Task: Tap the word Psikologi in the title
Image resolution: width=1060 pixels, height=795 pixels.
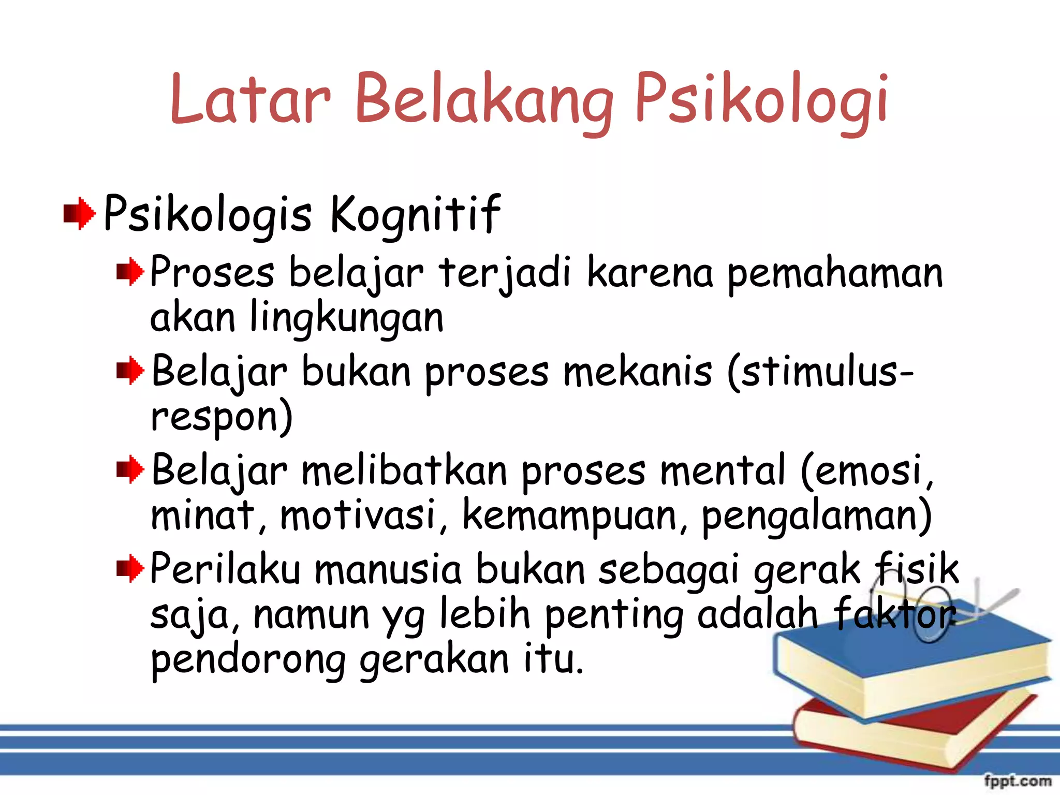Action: click(761, 101)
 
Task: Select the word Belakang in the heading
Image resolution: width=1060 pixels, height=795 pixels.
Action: click(484, 101)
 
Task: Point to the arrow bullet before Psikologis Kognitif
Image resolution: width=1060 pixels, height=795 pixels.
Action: click(79, 213)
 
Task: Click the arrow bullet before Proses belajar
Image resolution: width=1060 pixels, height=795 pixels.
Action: click(130, 271)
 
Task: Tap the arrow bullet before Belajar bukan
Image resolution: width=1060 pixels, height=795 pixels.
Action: click(130, 371)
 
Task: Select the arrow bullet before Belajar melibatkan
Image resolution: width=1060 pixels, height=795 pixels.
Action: click(130, 469)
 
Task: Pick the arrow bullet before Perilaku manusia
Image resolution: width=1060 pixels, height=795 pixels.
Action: click(130, 568)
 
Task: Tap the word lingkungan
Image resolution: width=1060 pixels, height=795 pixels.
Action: click(347, 318)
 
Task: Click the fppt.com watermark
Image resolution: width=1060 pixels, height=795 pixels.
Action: click(1017, 781)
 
